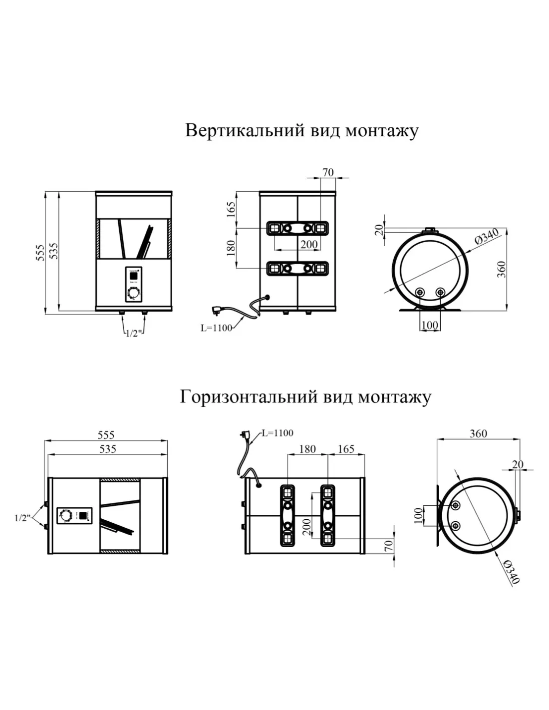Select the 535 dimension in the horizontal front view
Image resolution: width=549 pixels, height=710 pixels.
(107, 449)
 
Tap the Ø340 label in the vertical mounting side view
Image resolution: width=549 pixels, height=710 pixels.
(487, 238)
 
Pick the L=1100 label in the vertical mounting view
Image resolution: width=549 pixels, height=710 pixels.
(216, 328)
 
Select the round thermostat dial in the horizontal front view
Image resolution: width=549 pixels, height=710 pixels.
(65, 515)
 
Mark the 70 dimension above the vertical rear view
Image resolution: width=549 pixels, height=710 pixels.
(328, 173)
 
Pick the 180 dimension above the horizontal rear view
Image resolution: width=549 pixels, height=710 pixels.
(307, 449)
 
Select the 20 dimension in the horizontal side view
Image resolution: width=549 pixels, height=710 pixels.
(518, 464)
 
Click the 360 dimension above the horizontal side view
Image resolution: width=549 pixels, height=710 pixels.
(478, 433)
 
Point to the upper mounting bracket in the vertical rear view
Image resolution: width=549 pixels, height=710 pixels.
(298, 228)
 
